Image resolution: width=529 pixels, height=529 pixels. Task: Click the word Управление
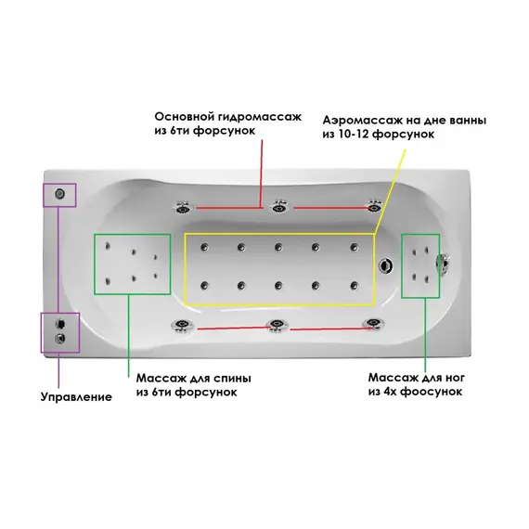click(76, 397)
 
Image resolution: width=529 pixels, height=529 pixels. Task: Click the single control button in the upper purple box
click(60, 194)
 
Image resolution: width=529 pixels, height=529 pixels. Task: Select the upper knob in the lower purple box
click(60, 324)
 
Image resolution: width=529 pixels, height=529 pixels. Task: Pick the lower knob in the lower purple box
click(60, 339)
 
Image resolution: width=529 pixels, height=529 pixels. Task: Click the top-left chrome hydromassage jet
click(182, 208)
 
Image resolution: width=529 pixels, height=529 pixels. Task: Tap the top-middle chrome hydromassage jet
click(279, 206)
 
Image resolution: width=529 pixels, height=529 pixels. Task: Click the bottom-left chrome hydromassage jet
click(182, 326)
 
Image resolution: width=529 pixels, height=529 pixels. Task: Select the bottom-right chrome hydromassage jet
click(373, 323)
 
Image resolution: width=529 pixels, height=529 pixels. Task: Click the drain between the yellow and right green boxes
click(385, 265)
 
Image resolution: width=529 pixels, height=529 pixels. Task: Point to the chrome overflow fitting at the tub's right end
click(443, 263)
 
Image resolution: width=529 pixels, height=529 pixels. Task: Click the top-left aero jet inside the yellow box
click(204, 247)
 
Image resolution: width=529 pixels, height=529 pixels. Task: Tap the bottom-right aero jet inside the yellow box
click(354, 286)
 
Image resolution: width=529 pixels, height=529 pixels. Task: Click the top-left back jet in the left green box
click(108, 246)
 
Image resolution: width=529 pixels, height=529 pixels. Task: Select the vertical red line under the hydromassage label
click(262, 174)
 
